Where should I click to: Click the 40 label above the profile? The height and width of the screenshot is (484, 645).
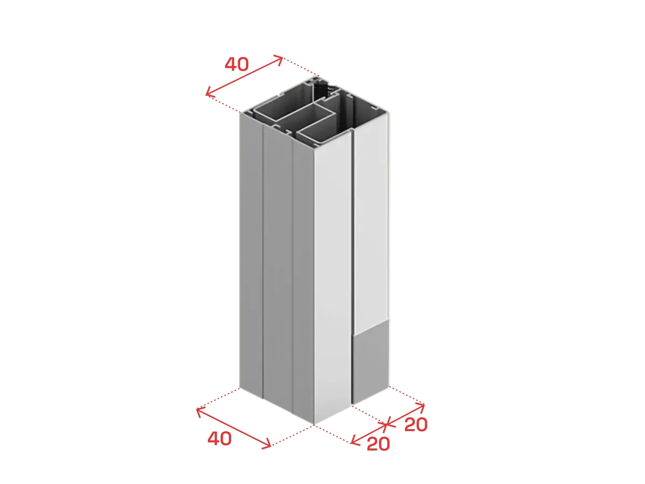point(236,64)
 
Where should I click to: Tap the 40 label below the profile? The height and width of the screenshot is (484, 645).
point(219,438)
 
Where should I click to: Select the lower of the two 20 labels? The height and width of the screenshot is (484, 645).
point(378,444)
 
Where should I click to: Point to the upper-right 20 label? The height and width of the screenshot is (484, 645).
point(416,424)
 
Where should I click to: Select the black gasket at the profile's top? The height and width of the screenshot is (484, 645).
point(322,89)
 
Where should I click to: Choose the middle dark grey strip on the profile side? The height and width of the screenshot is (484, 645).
point(278,267)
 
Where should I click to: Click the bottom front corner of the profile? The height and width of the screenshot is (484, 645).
point(314,425)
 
